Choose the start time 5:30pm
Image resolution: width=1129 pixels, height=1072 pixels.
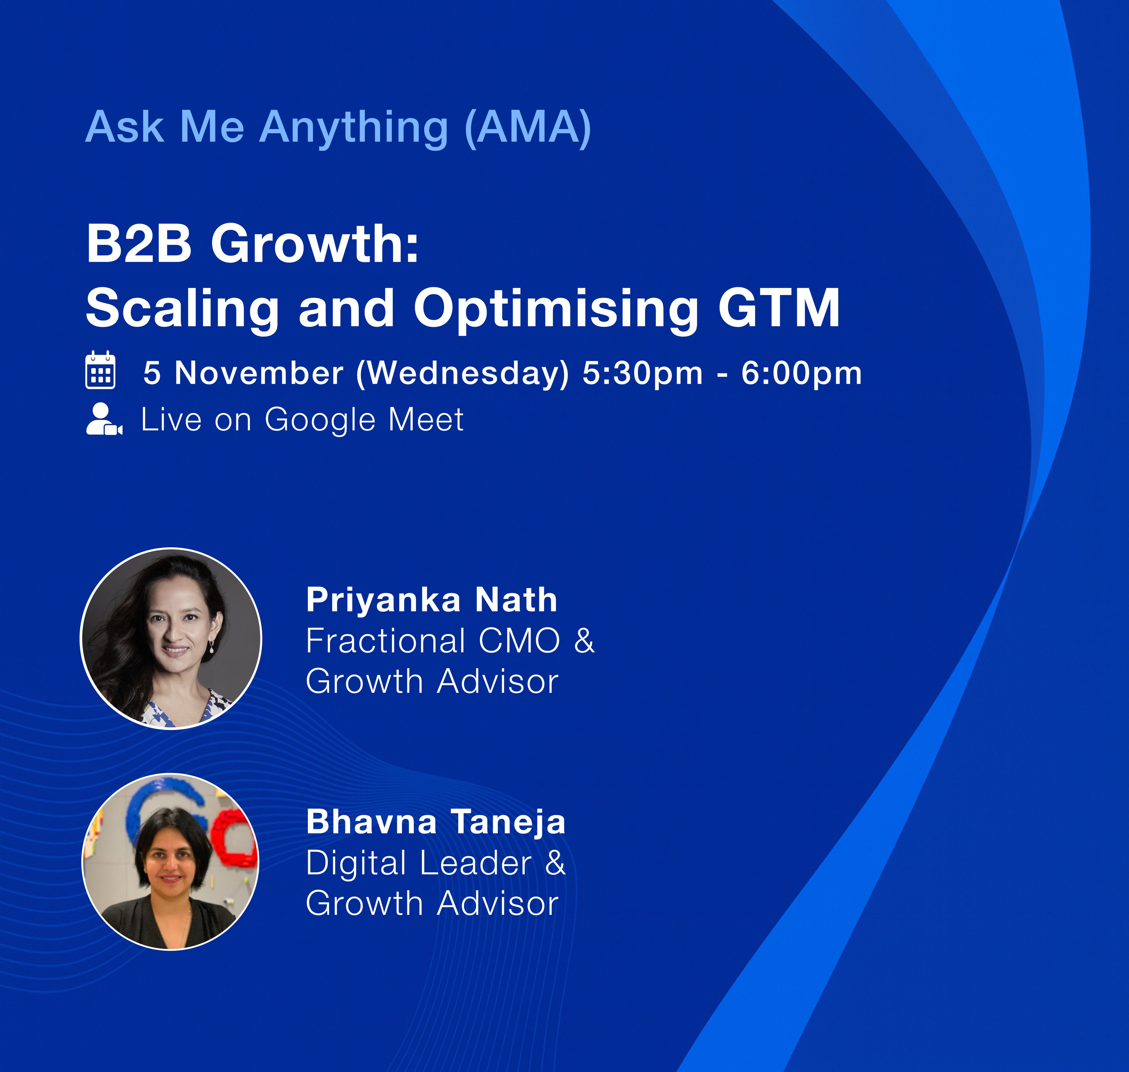[x=643, y=374]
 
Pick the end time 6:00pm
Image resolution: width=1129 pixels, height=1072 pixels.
[x=801, y=374]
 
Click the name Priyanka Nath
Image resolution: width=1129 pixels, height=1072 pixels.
[x=432, y=600]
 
